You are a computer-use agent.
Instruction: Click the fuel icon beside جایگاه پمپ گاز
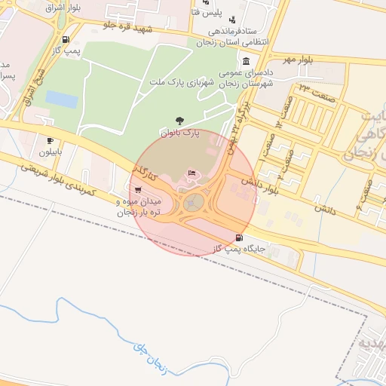click(x=250, y=237)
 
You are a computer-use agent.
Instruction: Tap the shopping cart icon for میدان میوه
click(x=136, y=189)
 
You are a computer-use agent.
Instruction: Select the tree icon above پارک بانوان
click(x=179, y=120)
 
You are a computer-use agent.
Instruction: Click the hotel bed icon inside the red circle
click(x=191, y=173)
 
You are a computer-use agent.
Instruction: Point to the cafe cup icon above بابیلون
click(x=51, y=140)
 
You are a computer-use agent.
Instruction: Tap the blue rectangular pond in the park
click(x=61, y=100)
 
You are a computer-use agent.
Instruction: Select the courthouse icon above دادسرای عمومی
click(x=246, y=61)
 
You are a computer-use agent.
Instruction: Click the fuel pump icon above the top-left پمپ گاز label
click(x=66, y=40)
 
